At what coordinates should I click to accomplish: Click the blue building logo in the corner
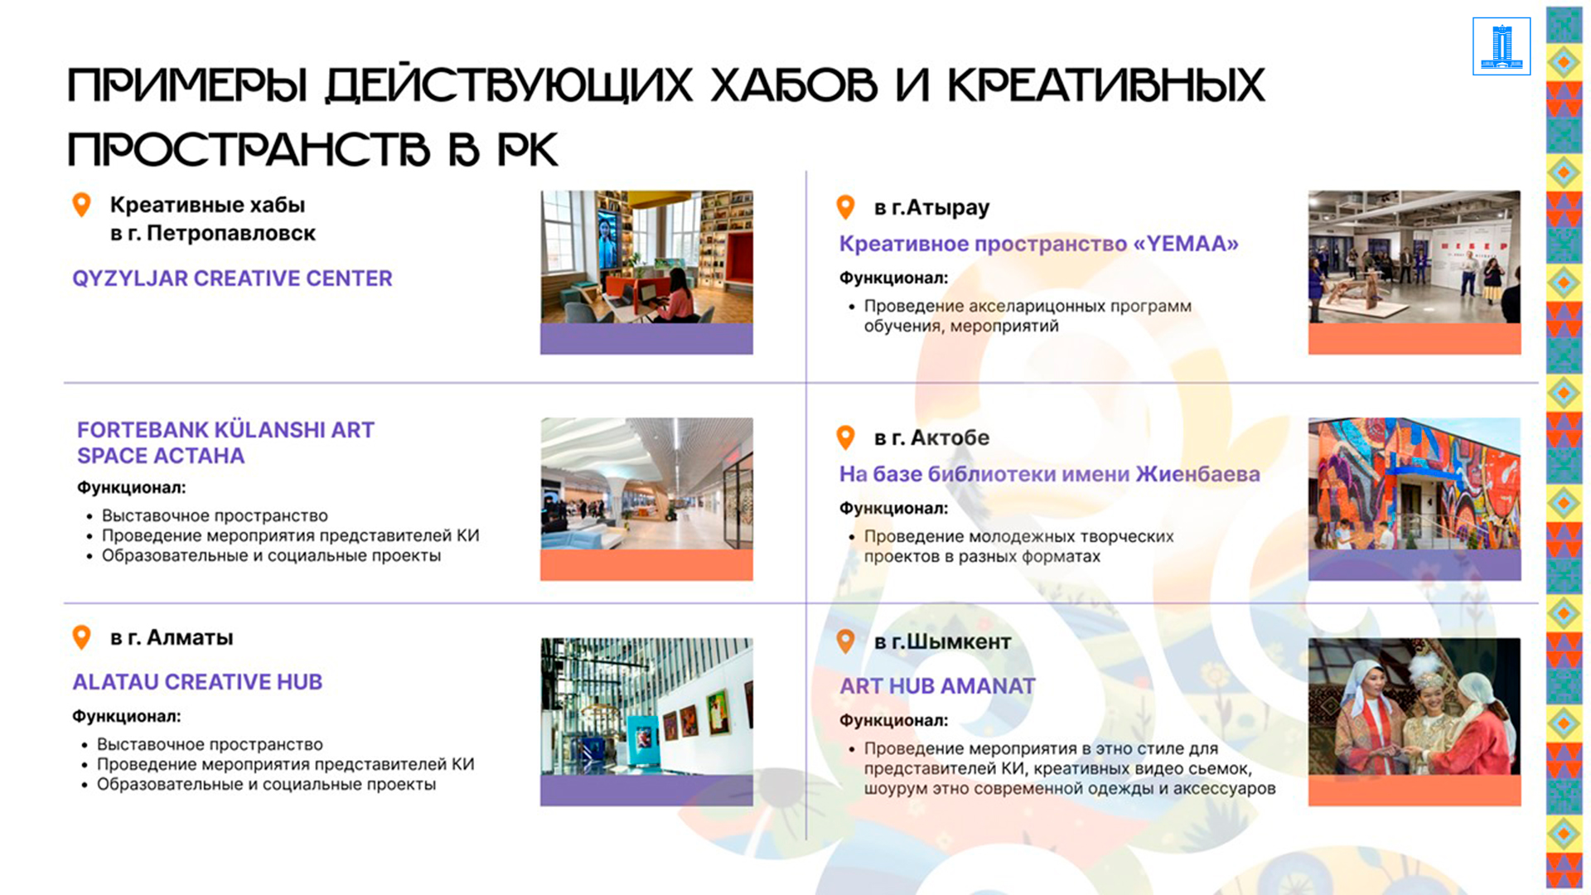click(x=1502, y=46)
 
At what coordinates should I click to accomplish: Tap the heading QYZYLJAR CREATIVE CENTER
click(x=232, y=278)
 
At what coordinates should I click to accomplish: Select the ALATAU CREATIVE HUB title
click(x=197, y=682)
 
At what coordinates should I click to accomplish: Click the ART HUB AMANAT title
click(x=937, y=686)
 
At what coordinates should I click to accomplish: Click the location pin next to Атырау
click(x=845, y=206)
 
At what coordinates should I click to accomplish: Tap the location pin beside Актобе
click(x=845, y=437)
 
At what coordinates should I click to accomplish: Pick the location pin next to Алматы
click(x=81, y=636)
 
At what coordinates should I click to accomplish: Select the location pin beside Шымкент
click(x=845, y=641)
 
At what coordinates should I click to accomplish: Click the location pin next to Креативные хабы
click(x=81, y=204)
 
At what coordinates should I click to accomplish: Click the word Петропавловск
click(x=231, y=234)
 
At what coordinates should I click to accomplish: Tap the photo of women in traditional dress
click(x=1414, y=706)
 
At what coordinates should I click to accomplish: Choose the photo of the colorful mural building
click(x=1414, y=483)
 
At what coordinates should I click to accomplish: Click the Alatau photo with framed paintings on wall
click(x=646, y=706)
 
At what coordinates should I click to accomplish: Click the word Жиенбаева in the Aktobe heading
click(x=1197, y=474)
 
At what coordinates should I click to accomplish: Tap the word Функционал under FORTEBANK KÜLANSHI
click(x=131, y=488)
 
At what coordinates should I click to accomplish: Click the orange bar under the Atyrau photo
click(x=1414, y=339)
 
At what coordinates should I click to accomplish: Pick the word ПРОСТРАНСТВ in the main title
click(x=249, y=150)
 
